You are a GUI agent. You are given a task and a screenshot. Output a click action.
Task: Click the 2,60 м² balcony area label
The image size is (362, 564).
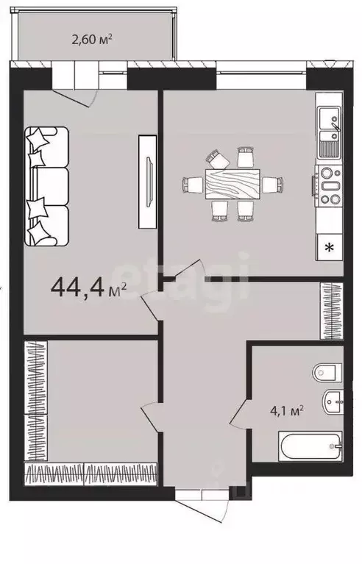coord(92,39)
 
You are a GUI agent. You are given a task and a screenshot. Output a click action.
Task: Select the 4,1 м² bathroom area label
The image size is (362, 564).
coord(287,410)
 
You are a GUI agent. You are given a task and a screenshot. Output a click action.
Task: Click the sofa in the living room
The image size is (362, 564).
coord(46,186)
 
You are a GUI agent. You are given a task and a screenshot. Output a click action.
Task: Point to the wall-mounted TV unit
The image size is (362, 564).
coord(148,182)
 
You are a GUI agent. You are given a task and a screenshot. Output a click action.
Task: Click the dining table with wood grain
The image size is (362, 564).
coord(233,184)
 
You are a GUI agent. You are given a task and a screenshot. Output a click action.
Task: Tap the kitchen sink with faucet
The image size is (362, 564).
coord(329,132)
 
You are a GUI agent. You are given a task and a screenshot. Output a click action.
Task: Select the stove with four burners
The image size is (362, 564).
coord(328,186)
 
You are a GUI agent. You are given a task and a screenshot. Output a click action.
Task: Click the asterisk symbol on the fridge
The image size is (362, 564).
coord(329,248)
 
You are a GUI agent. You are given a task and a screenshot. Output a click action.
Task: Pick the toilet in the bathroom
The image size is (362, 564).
coord(327,373)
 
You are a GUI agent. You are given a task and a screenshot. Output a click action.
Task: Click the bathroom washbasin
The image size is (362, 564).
coord(333,401)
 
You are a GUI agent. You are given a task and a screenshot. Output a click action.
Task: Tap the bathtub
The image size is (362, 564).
coord(310,446)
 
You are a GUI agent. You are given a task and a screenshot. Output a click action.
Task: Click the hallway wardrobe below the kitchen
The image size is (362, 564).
coord(331,311)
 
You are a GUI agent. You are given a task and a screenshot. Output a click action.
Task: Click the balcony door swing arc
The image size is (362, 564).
coord(76,99)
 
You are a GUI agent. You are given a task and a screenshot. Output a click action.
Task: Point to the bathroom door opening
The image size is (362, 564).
coord(239,413)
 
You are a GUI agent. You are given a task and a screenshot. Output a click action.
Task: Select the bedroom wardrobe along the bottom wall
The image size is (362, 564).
coord(90,474)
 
